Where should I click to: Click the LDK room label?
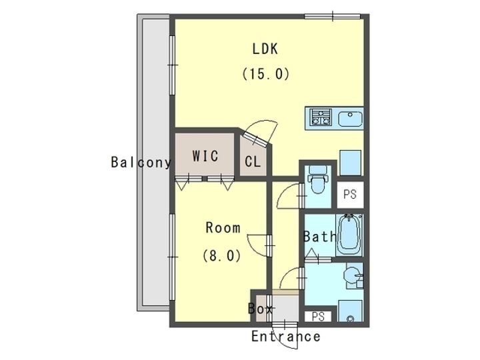click(265, 49)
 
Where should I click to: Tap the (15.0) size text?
click(266, 74)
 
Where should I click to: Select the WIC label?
click(205, 156)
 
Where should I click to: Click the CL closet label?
click(253, 161)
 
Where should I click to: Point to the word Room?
click(223, 227)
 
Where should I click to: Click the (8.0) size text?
click(222, 255)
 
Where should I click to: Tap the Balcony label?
click(141, 162)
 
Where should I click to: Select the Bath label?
click(319, 236)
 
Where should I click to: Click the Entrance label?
click(286, 337)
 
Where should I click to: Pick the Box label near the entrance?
click(260, 309)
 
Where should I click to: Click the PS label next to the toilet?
click(350, 194)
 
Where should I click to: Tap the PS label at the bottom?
click(318, 317)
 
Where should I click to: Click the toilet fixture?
click(318, 179)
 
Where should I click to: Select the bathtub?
click(349, 235)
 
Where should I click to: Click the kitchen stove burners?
click(321, 117)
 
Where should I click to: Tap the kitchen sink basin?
click(350, 119)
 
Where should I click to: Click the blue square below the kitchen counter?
click(351, 163)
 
